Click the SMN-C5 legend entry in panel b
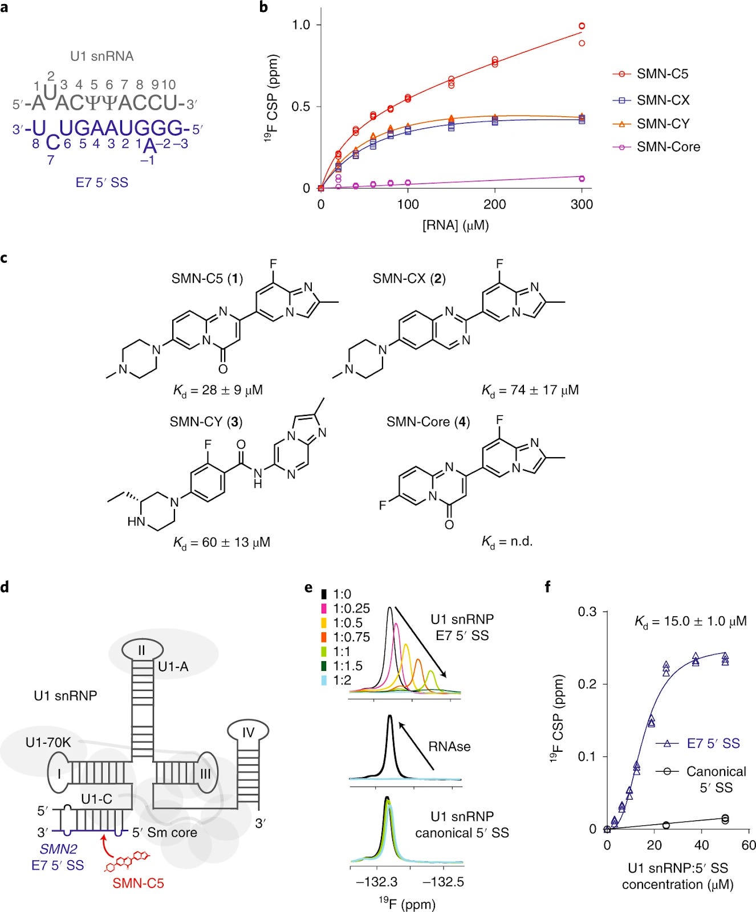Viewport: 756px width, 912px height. click(x=662, y=74)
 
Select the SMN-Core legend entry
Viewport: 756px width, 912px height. click(x=668, y=147)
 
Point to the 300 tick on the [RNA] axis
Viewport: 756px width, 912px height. click(x=582, y=205)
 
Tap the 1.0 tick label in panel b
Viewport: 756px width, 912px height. click(x=301, y=25)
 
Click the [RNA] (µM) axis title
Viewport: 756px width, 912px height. click(x=455, y=225)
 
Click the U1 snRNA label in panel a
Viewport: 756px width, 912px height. click(x=102, y=56)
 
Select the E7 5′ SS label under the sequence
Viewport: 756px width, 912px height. click(x=102, y=183)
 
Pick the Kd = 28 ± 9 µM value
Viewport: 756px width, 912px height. click(x=218, y=390)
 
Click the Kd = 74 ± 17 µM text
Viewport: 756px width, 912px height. click(x=530, y=390)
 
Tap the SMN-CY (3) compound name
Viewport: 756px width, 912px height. click(x=206, y=422)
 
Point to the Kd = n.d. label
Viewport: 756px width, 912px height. click(x=507, y=541)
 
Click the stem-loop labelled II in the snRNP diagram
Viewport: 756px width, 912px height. click(x=142, y=650)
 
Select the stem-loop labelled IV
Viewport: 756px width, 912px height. click(x=248, y=732)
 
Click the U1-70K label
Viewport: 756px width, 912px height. click(x=48, y=743)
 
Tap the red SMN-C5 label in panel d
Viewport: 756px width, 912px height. click(x=138, y=883)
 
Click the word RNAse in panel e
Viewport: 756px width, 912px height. click(x=449, y=747)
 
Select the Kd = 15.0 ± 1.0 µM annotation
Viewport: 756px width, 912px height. click(x=690, y=621)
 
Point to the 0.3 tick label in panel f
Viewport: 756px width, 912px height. click(x=587, y=612)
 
